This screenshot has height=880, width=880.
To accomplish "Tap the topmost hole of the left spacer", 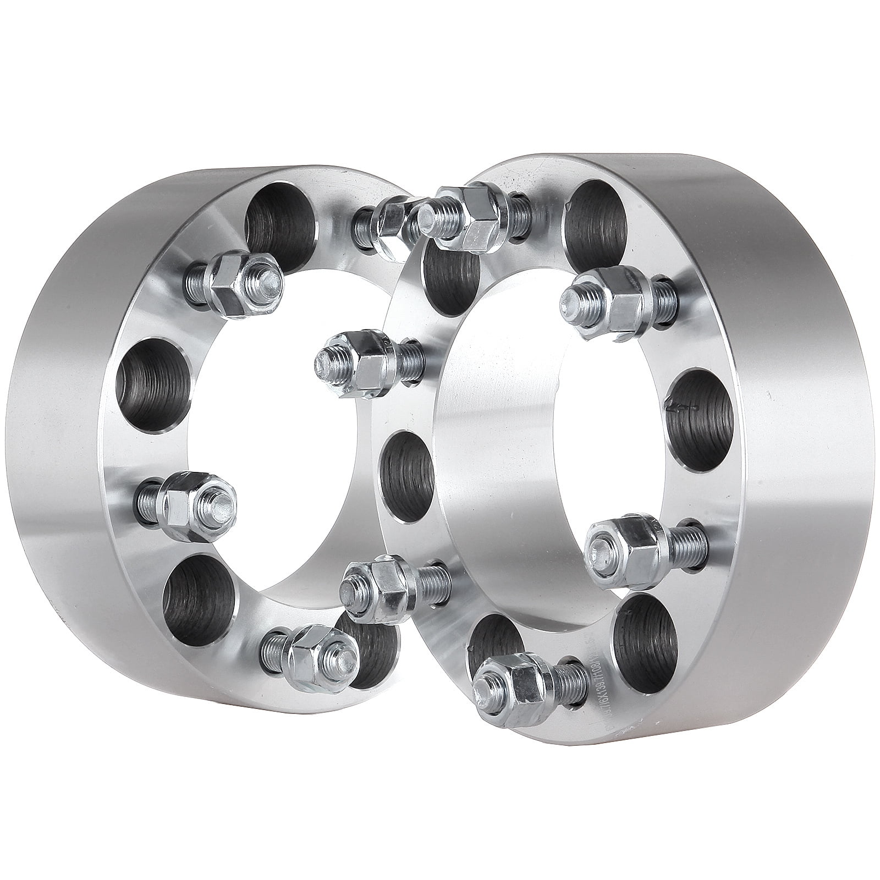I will (280, 220).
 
